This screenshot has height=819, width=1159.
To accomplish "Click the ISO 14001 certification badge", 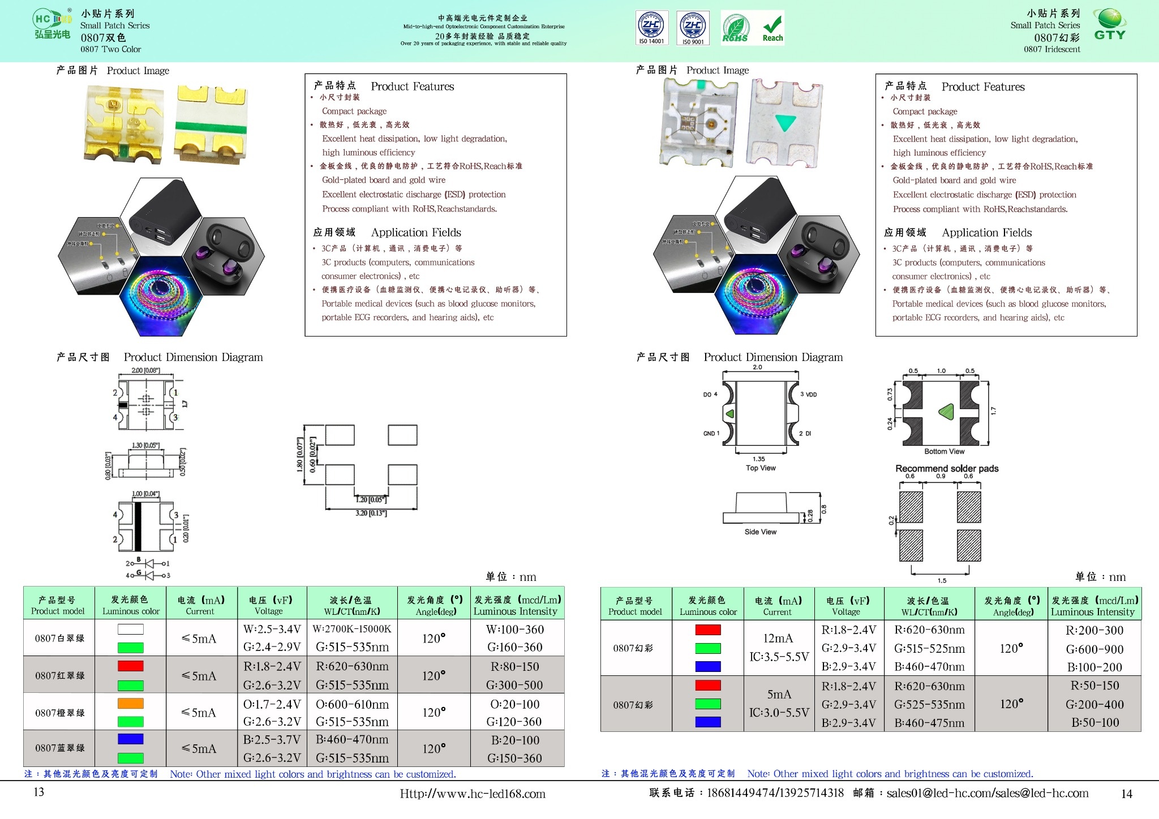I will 651,27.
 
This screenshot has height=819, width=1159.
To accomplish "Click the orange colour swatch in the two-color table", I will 130,704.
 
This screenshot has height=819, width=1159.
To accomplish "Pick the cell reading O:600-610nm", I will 352,704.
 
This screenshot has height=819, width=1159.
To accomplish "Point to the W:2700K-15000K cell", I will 352,629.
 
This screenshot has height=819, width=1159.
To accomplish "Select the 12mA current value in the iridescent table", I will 778,638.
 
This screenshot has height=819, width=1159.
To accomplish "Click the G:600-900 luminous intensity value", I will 1094,649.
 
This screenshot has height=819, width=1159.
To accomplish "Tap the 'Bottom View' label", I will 944,451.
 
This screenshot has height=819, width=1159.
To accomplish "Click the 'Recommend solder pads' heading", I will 947,468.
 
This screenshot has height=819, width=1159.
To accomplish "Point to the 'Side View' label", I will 760,532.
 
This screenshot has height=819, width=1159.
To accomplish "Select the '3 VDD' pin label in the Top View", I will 809,394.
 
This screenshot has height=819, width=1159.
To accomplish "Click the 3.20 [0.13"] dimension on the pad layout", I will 371,513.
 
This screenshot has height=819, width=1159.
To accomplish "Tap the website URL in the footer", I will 473,794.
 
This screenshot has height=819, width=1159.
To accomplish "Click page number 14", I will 1126,794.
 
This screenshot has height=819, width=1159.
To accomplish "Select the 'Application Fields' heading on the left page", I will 416,232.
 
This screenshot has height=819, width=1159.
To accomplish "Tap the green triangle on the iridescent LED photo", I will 785,122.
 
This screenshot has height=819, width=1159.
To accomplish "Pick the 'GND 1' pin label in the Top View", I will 711,433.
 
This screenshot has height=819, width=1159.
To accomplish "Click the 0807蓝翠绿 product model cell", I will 59,748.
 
